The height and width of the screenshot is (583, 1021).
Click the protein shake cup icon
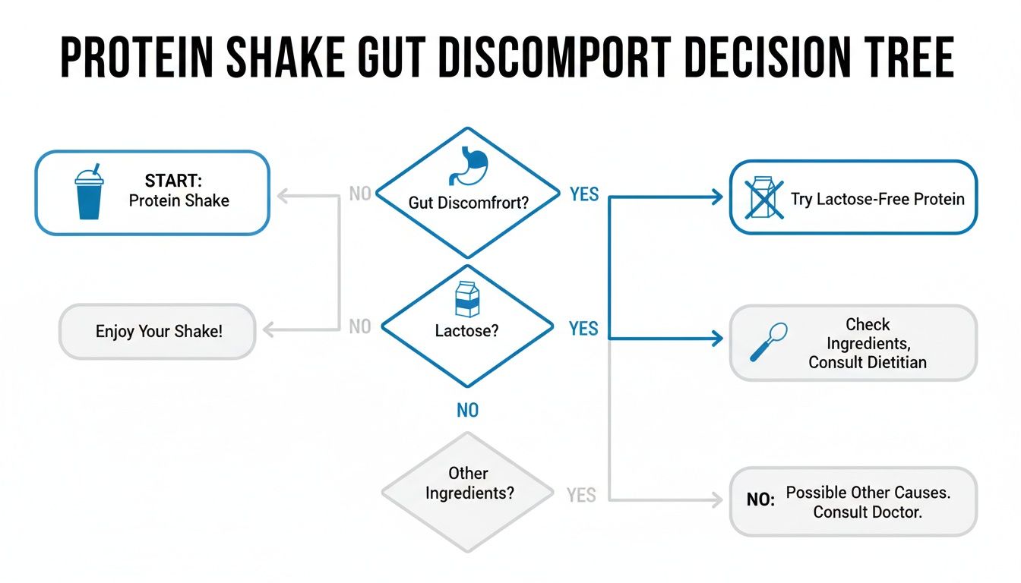point(89,192)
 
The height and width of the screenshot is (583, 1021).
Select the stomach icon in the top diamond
point(468,165)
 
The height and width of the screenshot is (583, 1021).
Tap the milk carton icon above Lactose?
point(467,299)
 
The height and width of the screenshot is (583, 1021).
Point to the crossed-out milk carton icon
point(764,197)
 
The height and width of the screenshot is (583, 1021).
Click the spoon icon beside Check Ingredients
point(769,342)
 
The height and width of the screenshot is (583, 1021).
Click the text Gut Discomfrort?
point(468,203)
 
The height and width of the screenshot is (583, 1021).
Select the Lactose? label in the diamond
point(466,331)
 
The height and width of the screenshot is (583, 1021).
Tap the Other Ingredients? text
point(469,484)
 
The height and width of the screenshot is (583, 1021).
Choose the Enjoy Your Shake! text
point(159,331)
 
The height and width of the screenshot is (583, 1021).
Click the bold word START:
point(173,181)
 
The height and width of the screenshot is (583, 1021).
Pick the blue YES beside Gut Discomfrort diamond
point(584,194)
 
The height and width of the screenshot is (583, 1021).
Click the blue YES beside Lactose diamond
point(583,329)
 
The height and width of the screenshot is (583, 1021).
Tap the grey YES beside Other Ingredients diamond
point(581,495)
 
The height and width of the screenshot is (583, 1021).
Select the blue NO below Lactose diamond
point(468,411)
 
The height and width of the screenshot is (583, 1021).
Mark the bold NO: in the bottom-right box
point(760,499)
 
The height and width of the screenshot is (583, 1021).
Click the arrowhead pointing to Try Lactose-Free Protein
point(717,197)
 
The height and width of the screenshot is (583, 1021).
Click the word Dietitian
point(897,362)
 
